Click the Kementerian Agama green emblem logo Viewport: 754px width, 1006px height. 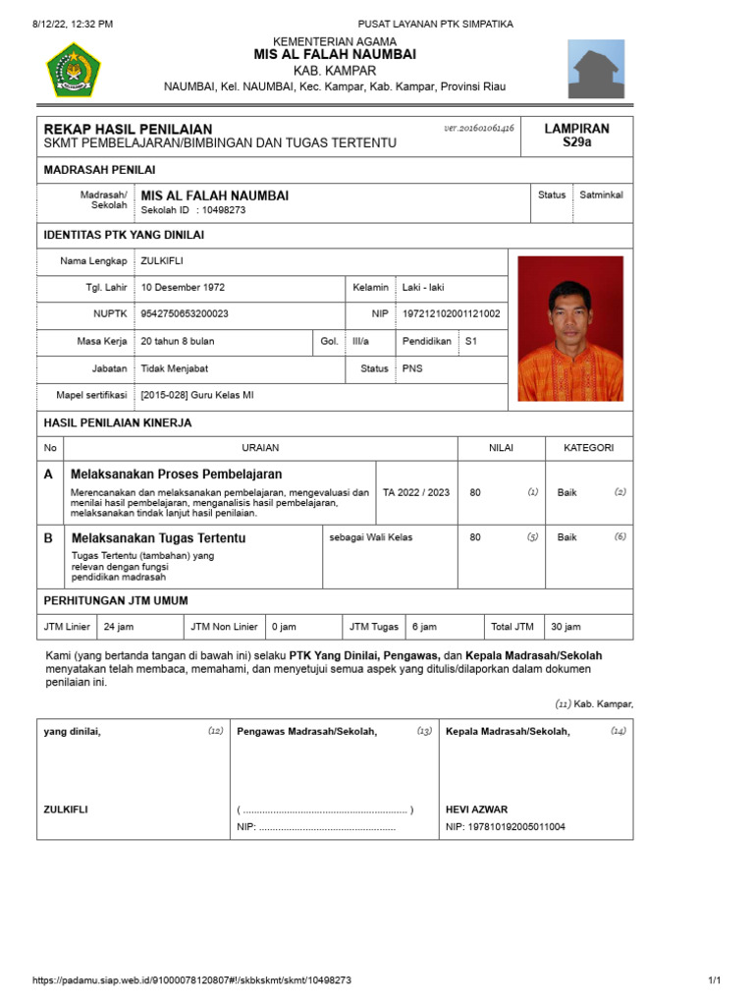[x=73, y=69]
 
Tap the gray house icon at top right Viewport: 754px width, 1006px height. [x=596, y=69]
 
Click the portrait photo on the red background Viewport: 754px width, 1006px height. [x=569, y=329]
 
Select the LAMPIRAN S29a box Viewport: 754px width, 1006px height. [x=577, y=136]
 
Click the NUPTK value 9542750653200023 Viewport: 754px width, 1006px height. [x=185, y=314]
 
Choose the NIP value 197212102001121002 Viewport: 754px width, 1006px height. [x=451, y=314]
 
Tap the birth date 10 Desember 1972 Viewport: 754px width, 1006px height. [x=183, y=288]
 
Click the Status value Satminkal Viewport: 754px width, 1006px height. [x=601, y=195]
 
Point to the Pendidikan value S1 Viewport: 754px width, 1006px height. [x=471, y=341]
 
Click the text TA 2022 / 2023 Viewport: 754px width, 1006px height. [x=416, y=492]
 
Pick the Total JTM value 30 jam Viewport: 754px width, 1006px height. [x=565, y=627]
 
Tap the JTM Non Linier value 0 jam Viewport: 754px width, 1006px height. [x=284, y=627]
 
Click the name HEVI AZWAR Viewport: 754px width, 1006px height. [x=476, y=810]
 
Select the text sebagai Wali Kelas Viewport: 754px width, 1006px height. [x=371, y=537]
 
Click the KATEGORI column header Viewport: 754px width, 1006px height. [x=588, y=448]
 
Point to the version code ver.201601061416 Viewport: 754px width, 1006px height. [x=479, y=129]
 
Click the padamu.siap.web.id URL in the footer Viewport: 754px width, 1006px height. [x=191, y=980]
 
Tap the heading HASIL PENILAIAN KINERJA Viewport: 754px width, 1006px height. [x=118, y=422]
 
